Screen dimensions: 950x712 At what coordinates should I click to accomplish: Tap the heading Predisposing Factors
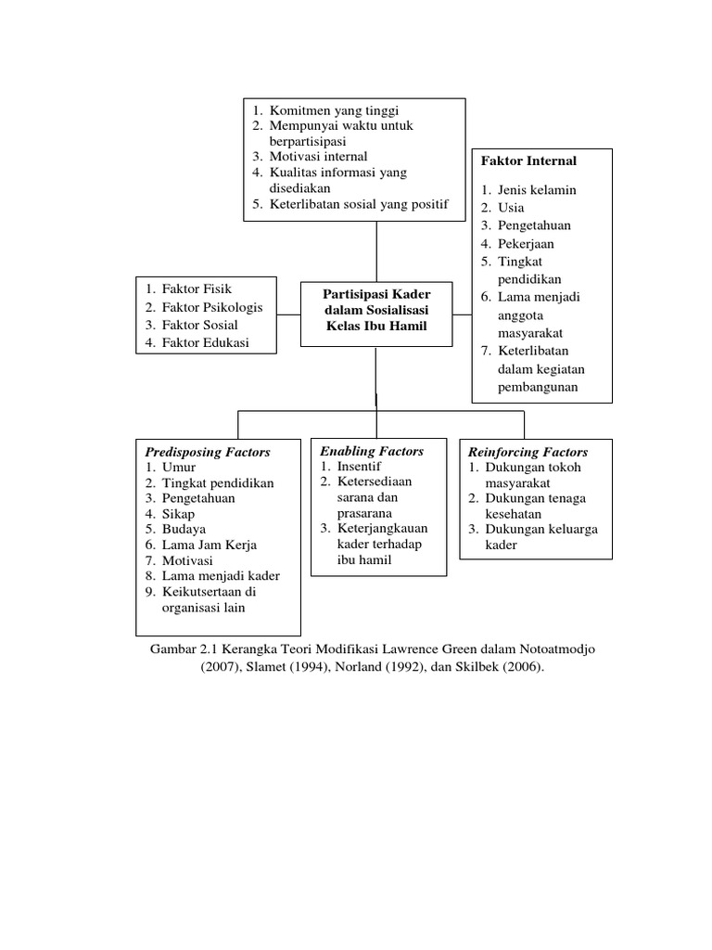pyautogui.click(x=207, y=452)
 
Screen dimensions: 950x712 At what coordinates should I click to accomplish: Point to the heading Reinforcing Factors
pyautogui.click(x=528, y=452)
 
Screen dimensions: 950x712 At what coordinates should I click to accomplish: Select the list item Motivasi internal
pyautogui.click(x=318, y=156)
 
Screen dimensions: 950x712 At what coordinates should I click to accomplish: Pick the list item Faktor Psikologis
pyautogui.click(x=212, y=307)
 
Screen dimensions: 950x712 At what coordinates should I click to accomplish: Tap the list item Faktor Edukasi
pyautogui.click(x=205, y=343)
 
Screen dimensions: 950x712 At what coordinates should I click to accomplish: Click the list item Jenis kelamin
pyautogui.click(x=537, y=189)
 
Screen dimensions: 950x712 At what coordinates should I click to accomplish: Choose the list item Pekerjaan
pyautogui.click(x=526, y=243)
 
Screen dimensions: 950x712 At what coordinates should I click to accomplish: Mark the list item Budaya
pyautogui.click(x=184, y=529)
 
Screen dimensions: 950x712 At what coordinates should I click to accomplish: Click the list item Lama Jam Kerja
pyautogui.click(x=209, y=545)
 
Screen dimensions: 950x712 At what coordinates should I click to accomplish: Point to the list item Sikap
pyautogui.click(x=179, y=513)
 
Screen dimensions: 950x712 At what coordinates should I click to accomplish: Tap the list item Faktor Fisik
pyautogui.click(x=197, y=289)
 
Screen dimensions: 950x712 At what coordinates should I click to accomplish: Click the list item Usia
pyautogui.click(x=511, y=207)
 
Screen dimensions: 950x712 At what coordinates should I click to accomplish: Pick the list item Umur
pyautogui.click(x=179, y=467)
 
